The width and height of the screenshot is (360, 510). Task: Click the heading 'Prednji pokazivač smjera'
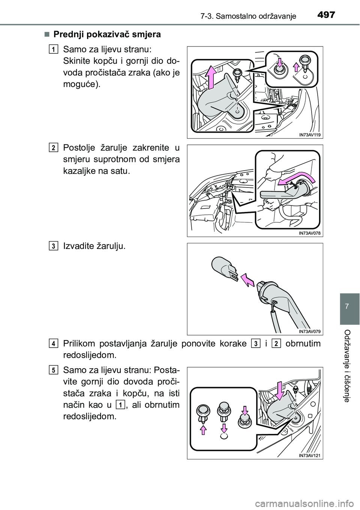click(x=107, y=34)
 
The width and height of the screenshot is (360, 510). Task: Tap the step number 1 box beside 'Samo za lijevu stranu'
click(x=55, y=49)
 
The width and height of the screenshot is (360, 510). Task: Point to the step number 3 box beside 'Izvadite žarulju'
click(x=55, y=246)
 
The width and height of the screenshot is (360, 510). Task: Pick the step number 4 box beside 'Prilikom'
click(x=55, y=343)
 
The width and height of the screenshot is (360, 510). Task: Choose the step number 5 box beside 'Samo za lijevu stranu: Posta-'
click(x=55, y=370)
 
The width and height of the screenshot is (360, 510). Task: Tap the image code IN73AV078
click(x=310, y=233)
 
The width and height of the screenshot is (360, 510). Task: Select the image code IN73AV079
click(x=310, y=331)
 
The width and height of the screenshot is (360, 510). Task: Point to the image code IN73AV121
click(x=310, y=455)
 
